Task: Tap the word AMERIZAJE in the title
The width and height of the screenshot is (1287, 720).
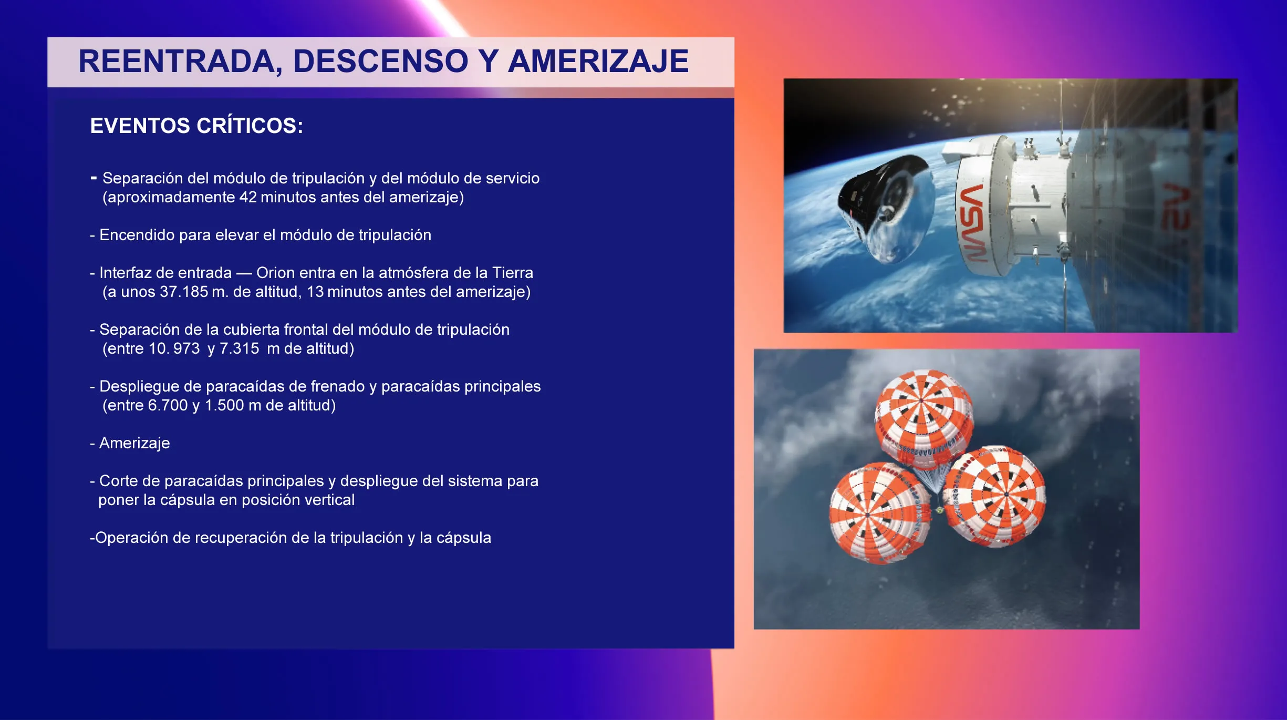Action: [x=598, y=61]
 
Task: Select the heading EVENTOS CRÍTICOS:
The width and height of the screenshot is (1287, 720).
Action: [x=196, y=126]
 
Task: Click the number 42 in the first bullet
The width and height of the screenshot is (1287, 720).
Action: [x=248, y=197]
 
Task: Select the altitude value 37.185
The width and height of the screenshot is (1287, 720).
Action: [x=184, y=292]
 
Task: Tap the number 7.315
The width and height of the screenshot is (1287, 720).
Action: [x=240, y=348]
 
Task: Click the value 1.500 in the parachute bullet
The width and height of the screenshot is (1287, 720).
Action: [x=224, y=405]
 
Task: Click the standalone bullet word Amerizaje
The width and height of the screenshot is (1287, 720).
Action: [x=134, y=443]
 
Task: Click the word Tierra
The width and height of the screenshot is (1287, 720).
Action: [x=513, y=273]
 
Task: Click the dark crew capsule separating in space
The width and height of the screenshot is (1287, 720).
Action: [x=885, y=208]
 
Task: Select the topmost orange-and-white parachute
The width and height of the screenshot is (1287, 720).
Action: [x=923, y=418]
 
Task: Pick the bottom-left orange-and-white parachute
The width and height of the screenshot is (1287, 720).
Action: [x=879, y=512]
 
